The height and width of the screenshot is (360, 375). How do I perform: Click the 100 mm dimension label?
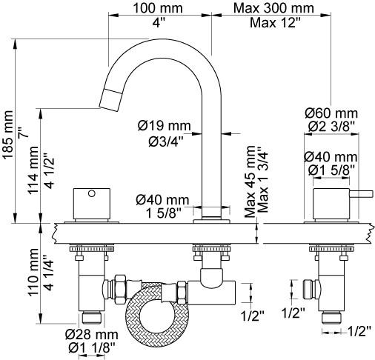pyautogui.click(x=158, y=8)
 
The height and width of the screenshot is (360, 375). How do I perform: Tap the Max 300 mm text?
pyautogui.click(x=273, y=8)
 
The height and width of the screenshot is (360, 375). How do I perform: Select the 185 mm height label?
pyautogui.click(x=8, y=135)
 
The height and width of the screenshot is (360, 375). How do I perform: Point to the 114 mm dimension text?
pyautogui.click(x=33, y=170)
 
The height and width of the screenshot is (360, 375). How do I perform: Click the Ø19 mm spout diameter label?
pyautogui.click(x=165, y=126)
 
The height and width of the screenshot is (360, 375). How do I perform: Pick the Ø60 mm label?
pyautogui.click(x=331, y=113)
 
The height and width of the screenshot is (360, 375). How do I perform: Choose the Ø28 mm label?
pyautogui.click(x=92, y=335)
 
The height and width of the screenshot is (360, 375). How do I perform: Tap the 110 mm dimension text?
pyautogui.click(x=33, y=273)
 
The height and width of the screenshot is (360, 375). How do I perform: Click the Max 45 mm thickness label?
pyautogui.click(x=250, y=181)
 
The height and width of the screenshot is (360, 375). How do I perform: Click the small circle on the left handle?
pyautogui.click(x=92, y=193)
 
